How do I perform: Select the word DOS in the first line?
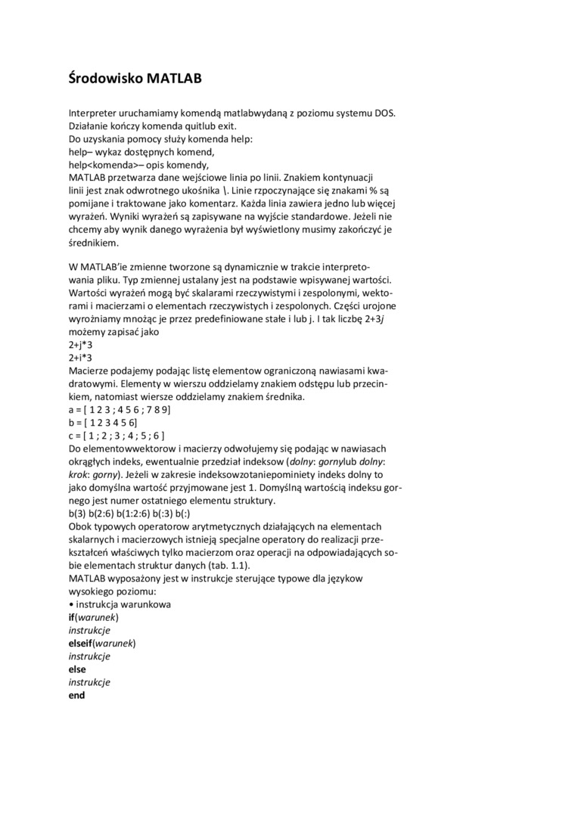point(385,113)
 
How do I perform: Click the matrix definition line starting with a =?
point(120,409)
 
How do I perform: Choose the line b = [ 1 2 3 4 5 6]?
point(103,422)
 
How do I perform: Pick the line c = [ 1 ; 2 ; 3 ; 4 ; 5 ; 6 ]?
point(117,436)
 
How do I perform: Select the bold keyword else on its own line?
point(77,669)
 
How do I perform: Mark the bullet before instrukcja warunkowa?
point(70,604)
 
